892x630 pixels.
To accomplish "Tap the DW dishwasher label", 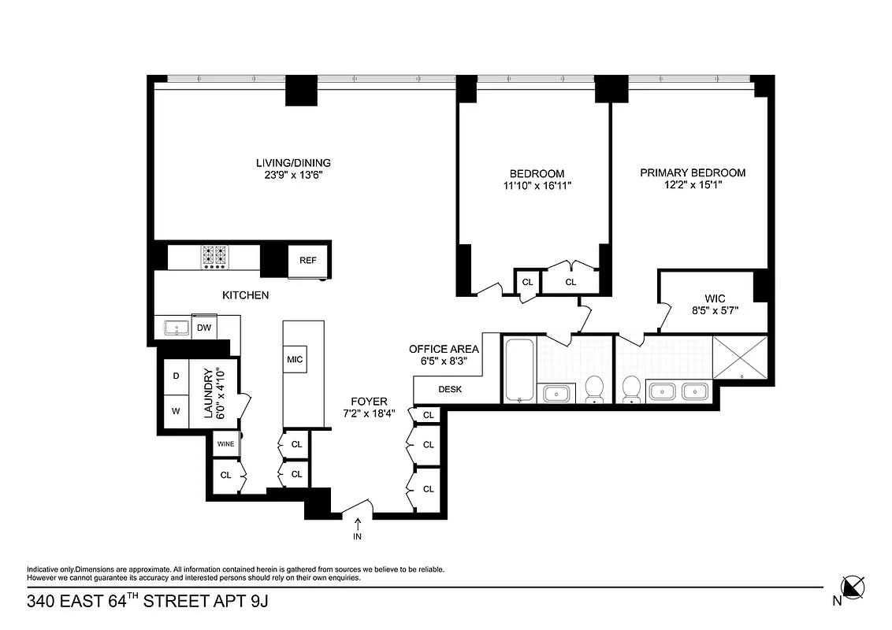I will [203, 328].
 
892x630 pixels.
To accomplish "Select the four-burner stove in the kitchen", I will [214, 257].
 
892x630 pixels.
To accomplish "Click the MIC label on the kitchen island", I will [295, 360].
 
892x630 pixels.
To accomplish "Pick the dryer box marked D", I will [176, 376].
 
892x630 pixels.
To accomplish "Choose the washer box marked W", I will [176, 410].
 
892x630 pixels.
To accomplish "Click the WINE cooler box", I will [225, 444].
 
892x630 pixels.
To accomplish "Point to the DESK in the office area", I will [450, 389].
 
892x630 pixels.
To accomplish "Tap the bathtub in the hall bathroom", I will [519, 370].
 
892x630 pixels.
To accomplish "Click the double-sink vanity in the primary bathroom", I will [679, 391].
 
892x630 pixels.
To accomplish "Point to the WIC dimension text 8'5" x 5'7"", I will [715, 311].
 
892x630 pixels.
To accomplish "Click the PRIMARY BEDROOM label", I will [692, 172].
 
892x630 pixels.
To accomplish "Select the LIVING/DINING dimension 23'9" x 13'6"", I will [293, 176].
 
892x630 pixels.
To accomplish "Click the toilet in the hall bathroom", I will [594, 388].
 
